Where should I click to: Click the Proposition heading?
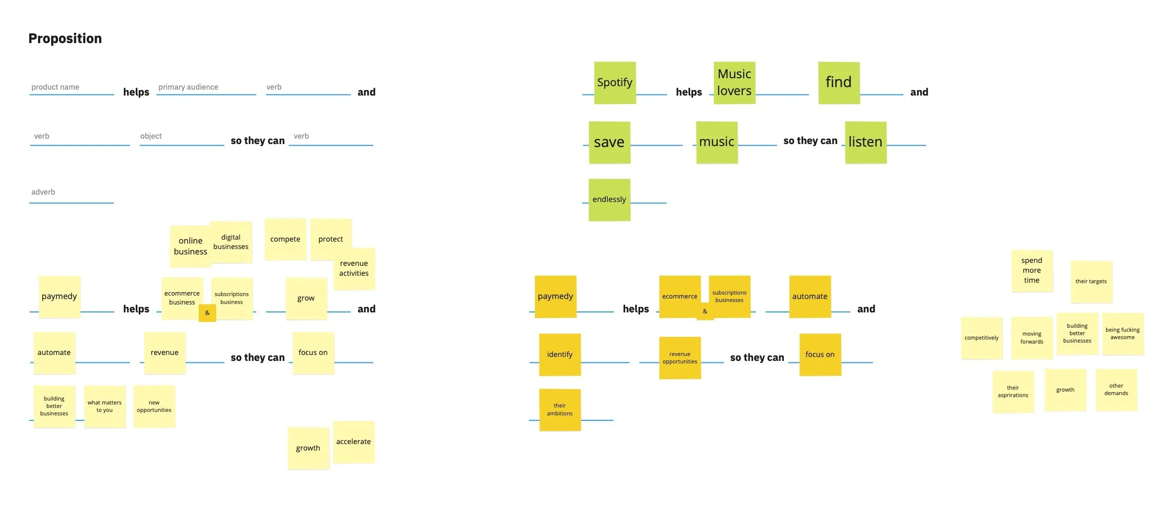pos(65,39)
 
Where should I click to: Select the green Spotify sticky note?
pos(615,83)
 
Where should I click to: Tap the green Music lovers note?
pos(734,83)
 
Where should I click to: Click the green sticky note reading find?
pos(839,83)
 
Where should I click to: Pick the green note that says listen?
pos(866,142)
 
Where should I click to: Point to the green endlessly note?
pos(609,200)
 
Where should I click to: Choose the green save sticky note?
pos(609,143)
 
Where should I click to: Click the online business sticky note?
pos(190,246)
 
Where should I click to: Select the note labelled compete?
pos(285,239)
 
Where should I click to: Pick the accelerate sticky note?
pos(353,442)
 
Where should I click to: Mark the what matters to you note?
pos(105,406)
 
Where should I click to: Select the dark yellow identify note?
pos(560,354)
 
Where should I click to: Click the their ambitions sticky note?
pos(560,409)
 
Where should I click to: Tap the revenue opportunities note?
pos(680,357)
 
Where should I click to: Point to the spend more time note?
pos(1032,270)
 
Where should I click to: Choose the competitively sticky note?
pos(982,338)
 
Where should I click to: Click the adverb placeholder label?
pos(43,192)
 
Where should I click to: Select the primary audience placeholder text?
pos(188,87)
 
